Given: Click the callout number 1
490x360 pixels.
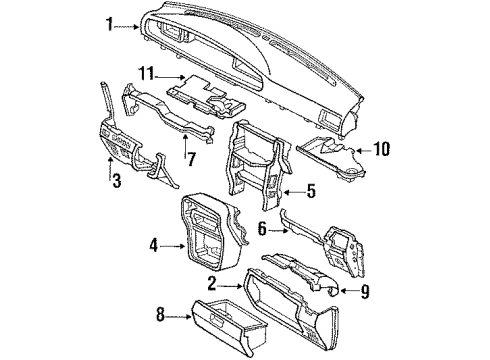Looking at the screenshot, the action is coord(110,24).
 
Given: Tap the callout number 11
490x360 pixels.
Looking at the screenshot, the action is coord(147,74).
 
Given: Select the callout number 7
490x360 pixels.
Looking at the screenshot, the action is coord(191,159).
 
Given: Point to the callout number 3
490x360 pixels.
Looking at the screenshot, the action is coord(116,180).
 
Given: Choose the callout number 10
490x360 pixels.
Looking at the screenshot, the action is coord(382,149).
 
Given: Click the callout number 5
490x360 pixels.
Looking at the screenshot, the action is coord(311,191).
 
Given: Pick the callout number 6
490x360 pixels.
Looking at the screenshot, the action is coord(262,229).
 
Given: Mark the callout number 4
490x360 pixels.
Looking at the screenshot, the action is coord(153,246).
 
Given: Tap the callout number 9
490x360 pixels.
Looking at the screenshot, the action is coord(365,292).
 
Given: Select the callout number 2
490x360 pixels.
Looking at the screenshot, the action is coord(212,284).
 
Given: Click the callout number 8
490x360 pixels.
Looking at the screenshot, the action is coord(161,314).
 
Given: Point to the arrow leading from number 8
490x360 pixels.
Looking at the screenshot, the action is coord(178,317).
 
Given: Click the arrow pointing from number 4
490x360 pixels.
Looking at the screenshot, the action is coord(172,246).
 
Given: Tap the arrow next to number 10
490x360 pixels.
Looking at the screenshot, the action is coord(364,151).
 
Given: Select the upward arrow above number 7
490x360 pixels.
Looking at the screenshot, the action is coord(185,145).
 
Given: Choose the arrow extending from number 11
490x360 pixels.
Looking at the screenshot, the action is coord(170,77).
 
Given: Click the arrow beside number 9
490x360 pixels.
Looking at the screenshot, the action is coord(349,291).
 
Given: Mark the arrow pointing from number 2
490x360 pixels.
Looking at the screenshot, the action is coord(230,286).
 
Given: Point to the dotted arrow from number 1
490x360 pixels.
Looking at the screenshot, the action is coord(127,27).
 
